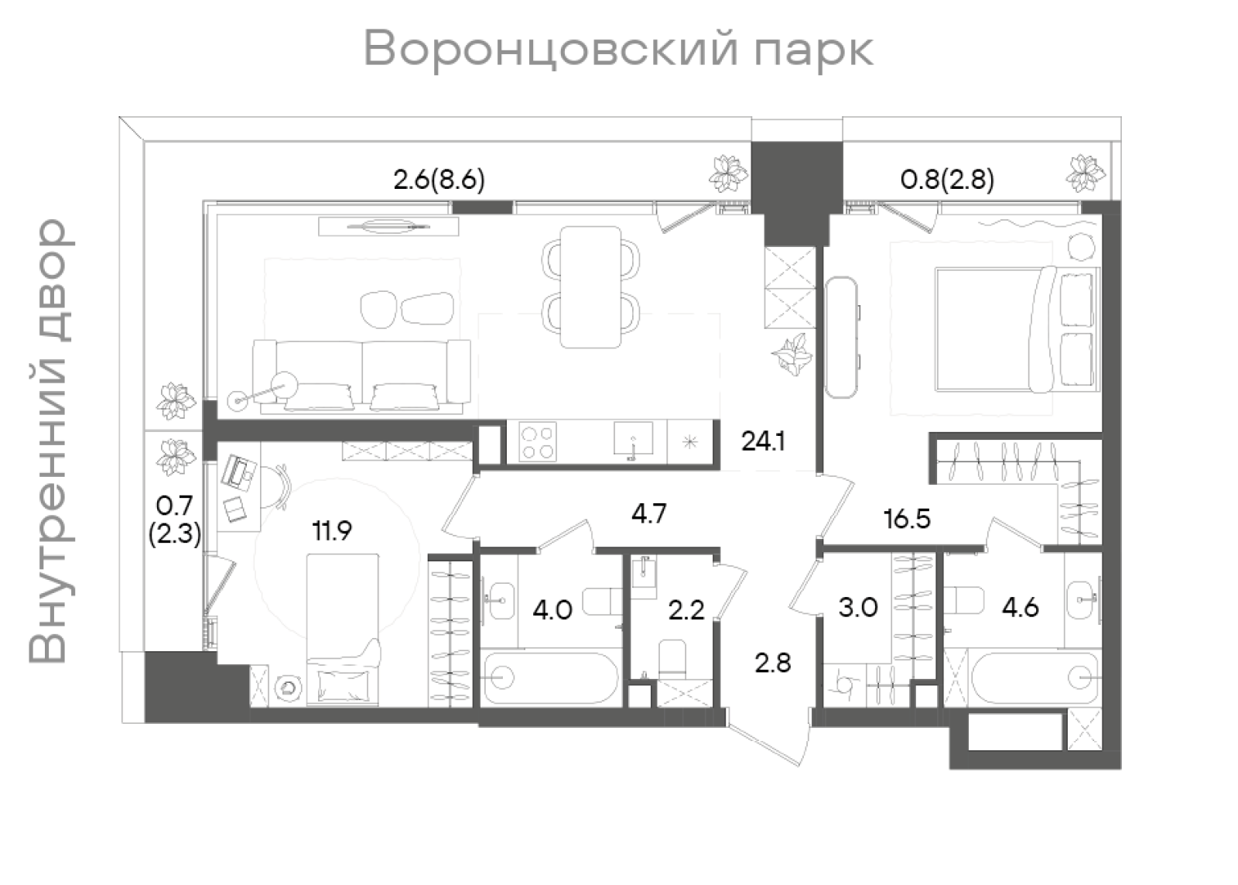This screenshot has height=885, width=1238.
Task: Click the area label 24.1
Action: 763,441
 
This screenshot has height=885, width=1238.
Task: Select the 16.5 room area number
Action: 907,519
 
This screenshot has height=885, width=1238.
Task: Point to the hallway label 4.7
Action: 648,513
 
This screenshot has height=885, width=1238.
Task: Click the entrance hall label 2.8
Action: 773,663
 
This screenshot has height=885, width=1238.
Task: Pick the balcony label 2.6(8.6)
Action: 439,180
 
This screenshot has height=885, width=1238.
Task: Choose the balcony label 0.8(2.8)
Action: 947,180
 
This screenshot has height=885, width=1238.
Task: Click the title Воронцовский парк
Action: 618,50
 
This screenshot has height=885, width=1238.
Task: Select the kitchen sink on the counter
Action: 633,440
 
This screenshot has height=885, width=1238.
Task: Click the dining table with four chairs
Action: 590,286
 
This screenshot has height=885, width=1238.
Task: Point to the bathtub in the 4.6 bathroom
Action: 1034,678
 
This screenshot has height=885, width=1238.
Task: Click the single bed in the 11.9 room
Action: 343,629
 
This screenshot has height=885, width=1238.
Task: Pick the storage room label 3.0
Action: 858,608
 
